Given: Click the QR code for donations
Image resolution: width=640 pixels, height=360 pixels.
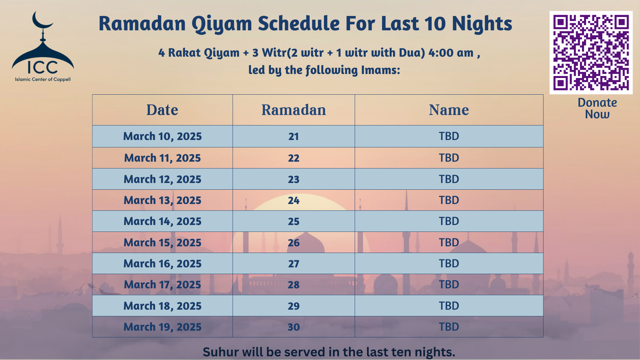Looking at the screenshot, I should pos(591,53).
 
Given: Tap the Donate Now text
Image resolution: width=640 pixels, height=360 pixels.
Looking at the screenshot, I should pos(597,108).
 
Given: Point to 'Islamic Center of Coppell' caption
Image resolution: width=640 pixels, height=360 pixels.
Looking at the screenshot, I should pos(43,79).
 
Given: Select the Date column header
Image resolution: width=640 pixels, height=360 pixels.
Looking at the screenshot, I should pos(162,110).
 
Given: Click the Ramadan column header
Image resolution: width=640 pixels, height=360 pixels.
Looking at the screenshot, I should pos(293,110).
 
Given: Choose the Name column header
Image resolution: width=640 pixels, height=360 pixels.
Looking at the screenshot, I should pos(449,110).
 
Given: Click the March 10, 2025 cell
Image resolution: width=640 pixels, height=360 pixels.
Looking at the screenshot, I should pos(162,136).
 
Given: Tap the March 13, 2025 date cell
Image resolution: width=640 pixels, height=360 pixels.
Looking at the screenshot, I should pos(162,200).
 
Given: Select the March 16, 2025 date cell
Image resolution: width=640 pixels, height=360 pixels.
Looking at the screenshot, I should pos(162,264).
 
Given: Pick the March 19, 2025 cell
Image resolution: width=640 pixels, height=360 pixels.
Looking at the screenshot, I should pos(162,327).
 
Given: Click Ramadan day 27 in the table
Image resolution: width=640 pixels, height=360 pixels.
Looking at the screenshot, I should pos(293,264).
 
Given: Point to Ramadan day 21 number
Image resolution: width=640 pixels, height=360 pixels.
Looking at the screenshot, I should pos(293,136).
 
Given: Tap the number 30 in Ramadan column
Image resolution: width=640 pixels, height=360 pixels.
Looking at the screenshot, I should pos(293,327).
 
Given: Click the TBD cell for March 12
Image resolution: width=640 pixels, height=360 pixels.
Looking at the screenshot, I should pos(449,179).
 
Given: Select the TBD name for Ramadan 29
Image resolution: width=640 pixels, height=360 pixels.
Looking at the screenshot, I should pos(449,306).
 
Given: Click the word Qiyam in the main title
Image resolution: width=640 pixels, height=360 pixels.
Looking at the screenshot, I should pos(221,24).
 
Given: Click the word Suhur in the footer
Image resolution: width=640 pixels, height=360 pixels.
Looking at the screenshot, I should pos(220,352).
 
